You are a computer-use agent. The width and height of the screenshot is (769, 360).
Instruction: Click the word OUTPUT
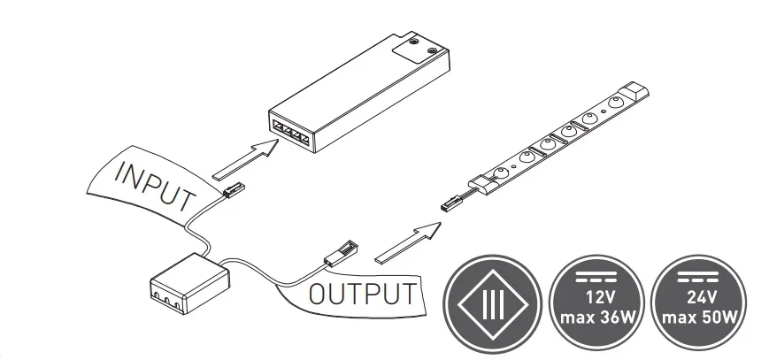361,294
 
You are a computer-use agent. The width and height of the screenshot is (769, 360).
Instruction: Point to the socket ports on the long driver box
290,129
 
